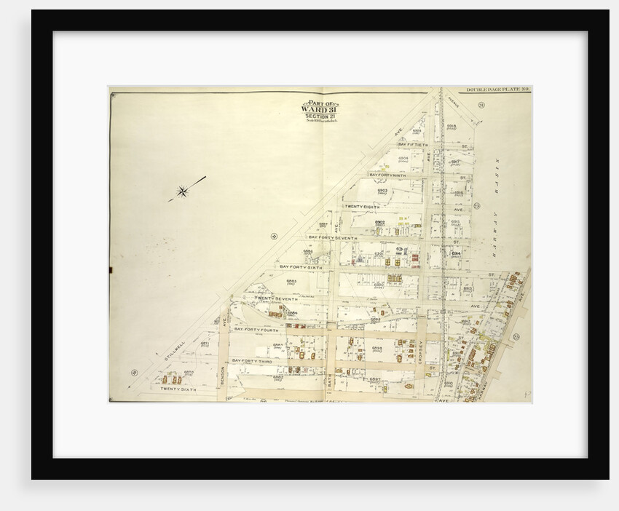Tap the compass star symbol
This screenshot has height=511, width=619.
tap(182, 192)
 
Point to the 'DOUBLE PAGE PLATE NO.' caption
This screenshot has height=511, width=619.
tap(498, 90)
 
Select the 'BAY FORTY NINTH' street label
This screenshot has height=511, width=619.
tap(387, 175)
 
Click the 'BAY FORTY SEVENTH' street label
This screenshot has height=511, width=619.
tap(332, 237)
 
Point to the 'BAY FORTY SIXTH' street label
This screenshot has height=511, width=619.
tap(301, 267)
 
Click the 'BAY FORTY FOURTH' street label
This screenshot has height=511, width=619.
tap(256, 329)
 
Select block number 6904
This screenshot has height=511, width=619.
tap(403, 158)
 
